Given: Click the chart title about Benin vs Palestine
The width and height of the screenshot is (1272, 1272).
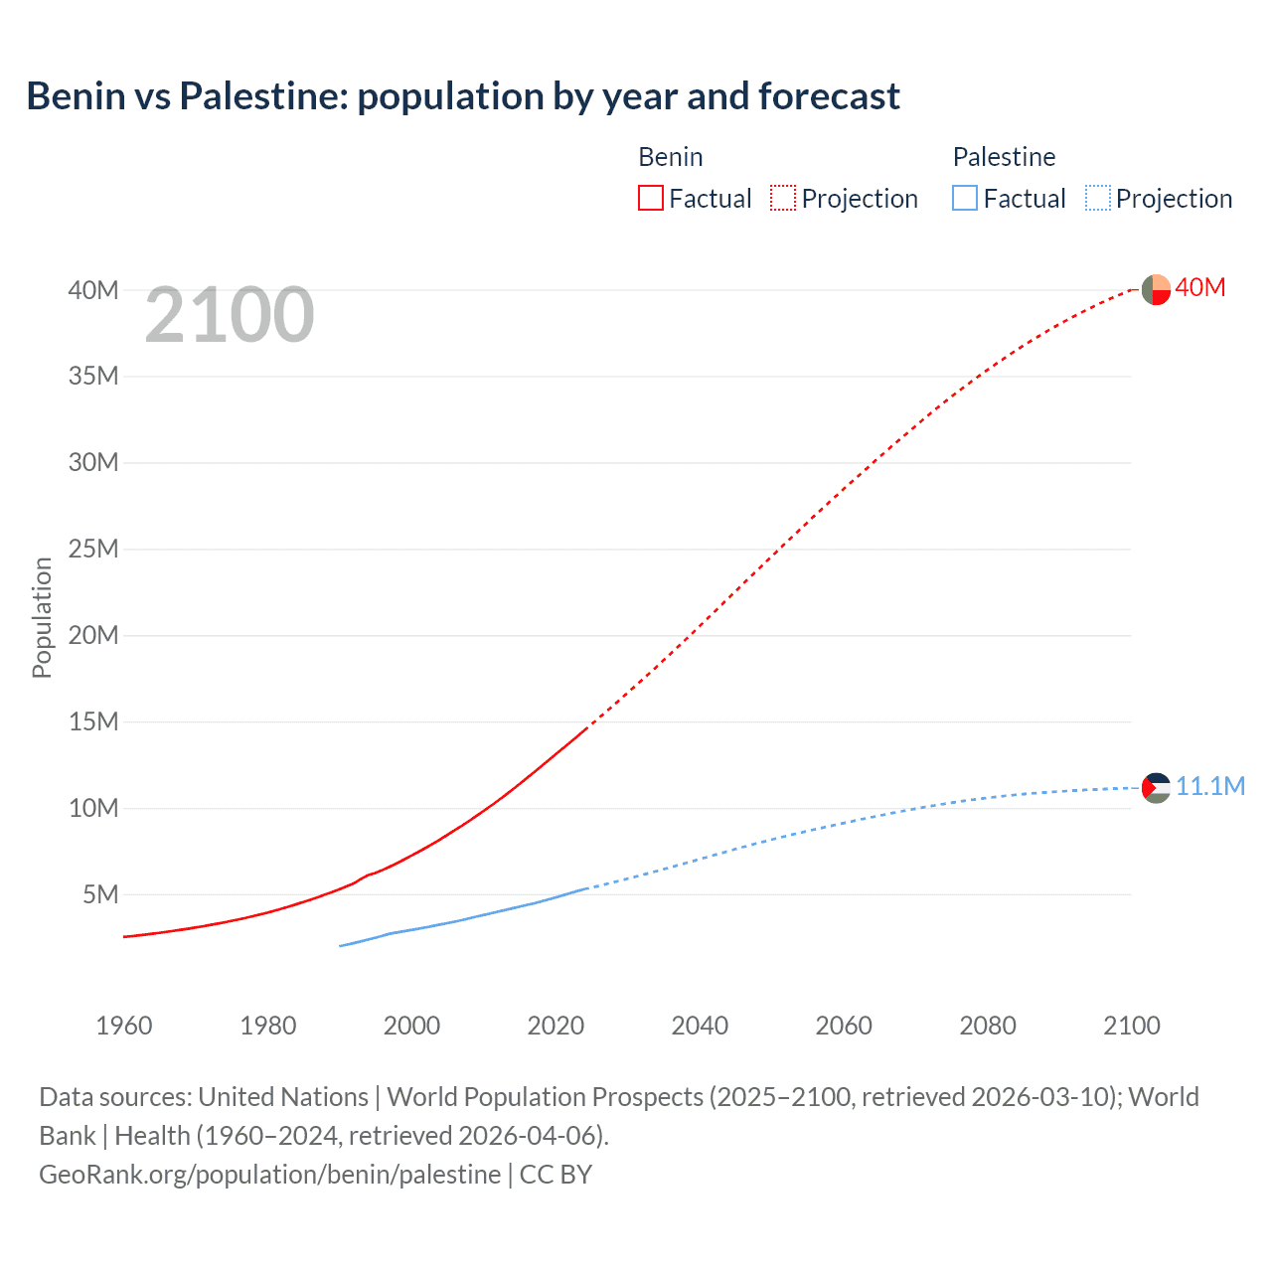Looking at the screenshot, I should tap(463, 96).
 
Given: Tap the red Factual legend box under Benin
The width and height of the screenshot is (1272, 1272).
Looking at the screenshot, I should tap(650, 198).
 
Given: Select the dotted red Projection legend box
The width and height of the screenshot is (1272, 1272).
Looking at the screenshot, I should tap(783, 198).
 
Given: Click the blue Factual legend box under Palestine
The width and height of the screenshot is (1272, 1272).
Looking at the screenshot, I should tap(964, 198).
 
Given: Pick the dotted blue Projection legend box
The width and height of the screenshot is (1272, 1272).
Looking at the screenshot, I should tap(1097, 198).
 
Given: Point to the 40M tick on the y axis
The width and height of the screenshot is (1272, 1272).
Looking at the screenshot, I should tap(93, 290).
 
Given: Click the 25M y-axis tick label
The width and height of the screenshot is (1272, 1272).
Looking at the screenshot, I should tap(93, 549).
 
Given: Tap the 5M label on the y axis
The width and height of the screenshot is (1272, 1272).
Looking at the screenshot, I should tap(100, 894).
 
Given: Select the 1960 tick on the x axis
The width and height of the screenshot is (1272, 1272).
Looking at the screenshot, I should tap(124, 1026).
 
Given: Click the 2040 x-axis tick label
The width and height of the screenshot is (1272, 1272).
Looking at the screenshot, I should tap(700, 1026).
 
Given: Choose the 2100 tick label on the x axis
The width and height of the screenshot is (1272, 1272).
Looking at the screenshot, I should tap(1131, 1026).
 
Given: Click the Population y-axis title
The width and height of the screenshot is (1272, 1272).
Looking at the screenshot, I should tap(42, 617).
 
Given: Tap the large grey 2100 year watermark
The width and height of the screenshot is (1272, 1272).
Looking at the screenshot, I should tap(230, 315).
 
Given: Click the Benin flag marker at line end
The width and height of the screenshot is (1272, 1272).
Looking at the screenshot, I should tap(1156, 289).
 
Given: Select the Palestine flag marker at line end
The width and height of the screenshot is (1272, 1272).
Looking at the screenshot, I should tap(1156, 788).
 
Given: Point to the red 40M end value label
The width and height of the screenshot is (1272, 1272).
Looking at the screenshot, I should tap(1199, 287).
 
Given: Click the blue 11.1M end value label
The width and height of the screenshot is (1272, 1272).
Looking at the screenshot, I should tap(1209, 786).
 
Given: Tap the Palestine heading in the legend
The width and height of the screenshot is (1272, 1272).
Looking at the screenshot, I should tap(1004, 157).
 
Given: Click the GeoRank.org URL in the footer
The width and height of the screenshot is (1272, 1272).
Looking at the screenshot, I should tap(269, 1174).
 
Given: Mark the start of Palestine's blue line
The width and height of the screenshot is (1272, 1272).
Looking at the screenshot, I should tap(341, 945).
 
